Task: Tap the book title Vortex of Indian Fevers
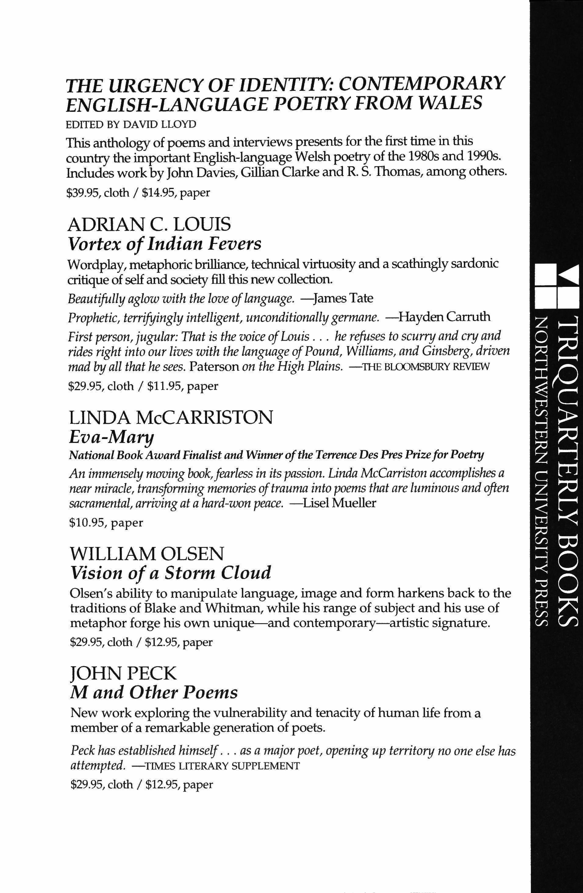tap(164, 244)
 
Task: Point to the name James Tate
tap(343, 298)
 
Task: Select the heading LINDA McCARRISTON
tap(171, 418)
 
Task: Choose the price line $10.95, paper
tap(106, 523)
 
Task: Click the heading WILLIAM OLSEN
tap(147, 554)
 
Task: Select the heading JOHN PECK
tap(123, 673)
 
